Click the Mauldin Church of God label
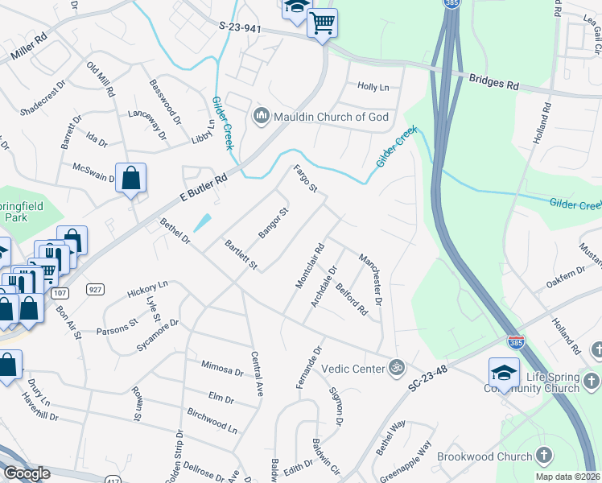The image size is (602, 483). tap(332, 118)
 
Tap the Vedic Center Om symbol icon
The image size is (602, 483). tap(395, 368)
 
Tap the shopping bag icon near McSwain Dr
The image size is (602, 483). tap(130, 178)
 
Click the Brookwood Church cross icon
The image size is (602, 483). tap(544, 456)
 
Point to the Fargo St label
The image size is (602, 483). tap(306, 180)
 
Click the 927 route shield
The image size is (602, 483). tap(95, 289)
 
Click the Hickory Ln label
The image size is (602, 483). tap(147, 289)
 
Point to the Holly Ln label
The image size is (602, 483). tap(373, 87)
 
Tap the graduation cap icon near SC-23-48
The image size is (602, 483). tap(504, 373)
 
